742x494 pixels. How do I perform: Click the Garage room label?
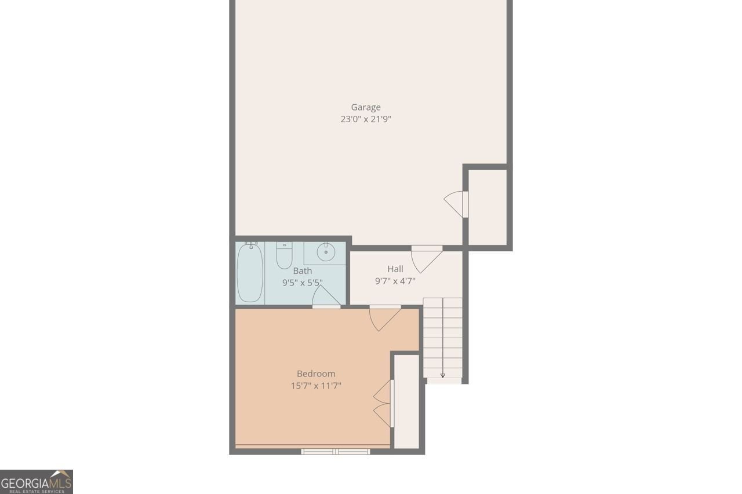coord(366,107)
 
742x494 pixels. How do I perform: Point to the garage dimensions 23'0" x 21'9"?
coord(366,119)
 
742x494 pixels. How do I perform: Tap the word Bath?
coord(302,270)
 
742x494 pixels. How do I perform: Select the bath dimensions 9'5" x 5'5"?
coord(302,283)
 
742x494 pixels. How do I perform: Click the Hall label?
coord(395,269)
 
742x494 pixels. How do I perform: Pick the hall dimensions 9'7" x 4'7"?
coord(395,281)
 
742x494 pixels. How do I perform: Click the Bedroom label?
coord(316,374)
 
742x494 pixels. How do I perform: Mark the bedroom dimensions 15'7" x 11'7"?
coord(316,386)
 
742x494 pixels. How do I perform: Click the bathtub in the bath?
coord(250,273)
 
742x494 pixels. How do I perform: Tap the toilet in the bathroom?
coord(284,256)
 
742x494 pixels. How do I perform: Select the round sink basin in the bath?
coord(326,252)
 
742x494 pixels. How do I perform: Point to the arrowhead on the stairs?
coord(443,376)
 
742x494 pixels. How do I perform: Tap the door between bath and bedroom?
coord(326,298)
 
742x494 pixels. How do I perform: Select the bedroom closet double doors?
coord(383,404)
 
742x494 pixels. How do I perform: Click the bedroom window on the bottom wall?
coord(336,451)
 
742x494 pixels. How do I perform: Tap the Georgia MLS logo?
coord(37,482)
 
